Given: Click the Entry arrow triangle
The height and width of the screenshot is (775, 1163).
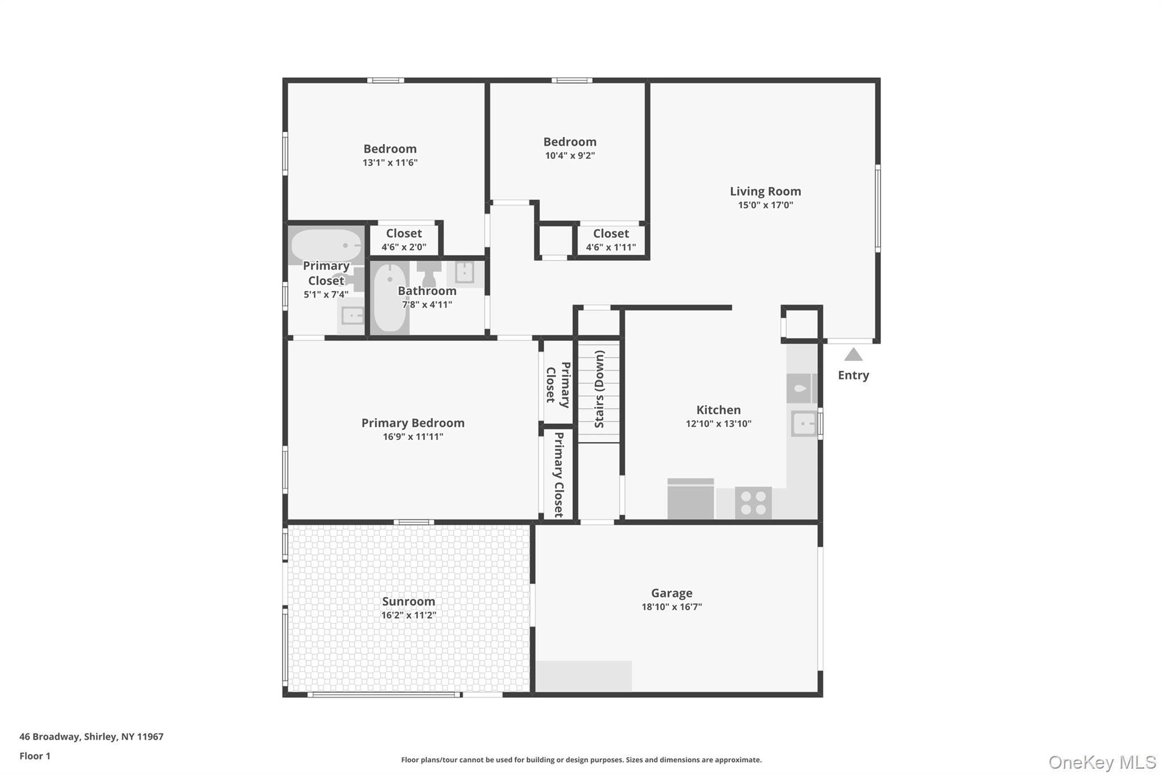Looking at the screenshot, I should tap(853, 355).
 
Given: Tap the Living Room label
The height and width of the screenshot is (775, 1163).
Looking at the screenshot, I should tap(765, 191).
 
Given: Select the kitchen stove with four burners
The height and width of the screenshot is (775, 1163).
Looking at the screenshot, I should tap(753, 503).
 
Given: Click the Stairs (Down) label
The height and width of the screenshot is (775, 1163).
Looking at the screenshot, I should tap(600, 389).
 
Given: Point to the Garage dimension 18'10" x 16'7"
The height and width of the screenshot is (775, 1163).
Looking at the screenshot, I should tap(671, 607).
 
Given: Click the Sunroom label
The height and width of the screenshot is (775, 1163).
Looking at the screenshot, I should tap(408, 601).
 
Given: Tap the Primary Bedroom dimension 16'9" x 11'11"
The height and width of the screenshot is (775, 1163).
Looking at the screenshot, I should tap(413, 437).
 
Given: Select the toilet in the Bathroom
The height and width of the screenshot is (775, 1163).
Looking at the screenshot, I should tap(429, 273).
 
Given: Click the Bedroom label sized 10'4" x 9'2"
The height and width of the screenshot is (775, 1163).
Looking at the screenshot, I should tap(570, 142).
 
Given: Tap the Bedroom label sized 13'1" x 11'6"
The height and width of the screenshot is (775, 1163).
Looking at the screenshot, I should tap(390, 149).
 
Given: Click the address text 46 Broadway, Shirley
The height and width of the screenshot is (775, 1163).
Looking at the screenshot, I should tap(91, 736).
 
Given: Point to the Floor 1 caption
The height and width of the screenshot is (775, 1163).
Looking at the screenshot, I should tap(35, 756).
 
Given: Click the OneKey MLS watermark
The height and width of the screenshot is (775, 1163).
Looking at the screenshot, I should tap(1102, 762).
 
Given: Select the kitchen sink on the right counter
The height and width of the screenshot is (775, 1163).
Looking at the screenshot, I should tap(804, 424).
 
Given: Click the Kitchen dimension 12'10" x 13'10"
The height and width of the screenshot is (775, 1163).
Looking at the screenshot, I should tap(718, 424).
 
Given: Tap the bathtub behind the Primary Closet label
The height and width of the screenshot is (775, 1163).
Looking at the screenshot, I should tap(326, 245).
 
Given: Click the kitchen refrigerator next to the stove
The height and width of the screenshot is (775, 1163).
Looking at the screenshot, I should tap(691, 500).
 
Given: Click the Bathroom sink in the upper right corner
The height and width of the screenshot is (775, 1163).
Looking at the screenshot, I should tap(465, 273).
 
